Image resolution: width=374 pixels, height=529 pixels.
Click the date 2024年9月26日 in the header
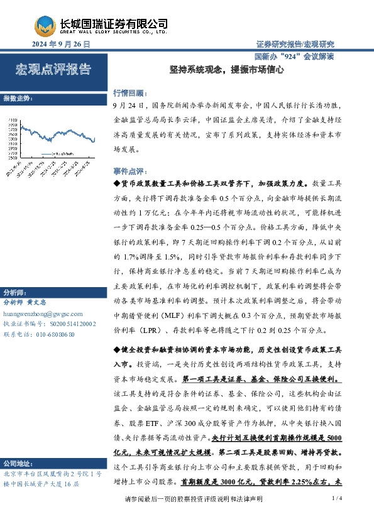60,45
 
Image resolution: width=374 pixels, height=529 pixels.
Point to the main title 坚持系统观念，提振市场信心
228,71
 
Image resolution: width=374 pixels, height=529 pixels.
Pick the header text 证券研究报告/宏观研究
295,45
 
